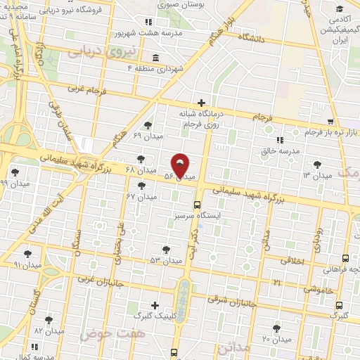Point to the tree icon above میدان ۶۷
143,186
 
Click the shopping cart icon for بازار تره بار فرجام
332,122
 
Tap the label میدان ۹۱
27,265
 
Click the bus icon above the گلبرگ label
340,305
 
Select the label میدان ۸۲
49,330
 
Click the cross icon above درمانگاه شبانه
201,103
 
